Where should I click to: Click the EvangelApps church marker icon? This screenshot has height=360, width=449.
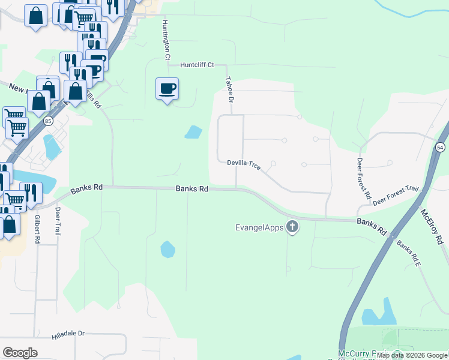[292, 227]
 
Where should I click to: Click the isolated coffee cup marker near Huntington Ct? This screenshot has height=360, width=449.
[167, 89]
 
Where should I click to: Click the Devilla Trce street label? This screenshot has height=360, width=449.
[244, 164]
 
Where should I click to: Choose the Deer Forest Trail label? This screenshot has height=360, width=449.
[394, 196]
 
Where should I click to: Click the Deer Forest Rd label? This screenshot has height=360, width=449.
[364, 178]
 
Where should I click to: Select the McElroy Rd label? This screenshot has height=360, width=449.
[431, 227]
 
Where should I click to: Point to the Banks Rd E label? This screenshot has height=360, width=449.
[408, 253]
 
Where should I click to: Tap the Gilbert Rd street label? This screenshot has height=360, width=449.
[37, 229]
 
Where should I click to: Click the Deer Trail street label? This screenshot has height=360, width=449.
[58, 221]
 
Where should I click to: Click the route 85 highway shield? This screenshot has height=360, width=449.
[48, 121]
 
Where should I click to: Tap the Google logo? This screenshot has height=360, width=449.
[20, 352]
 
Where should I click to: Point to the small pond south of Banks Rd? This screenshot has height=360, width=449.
[167, 248]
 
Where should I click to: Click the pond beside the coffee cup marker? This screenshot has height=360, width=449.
[193, 131]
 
